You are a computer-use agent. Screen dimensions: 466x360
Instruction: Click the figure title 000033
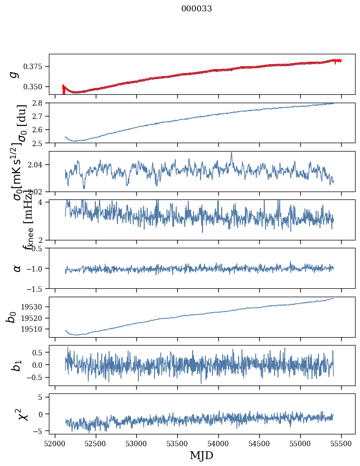(x=197, y=9)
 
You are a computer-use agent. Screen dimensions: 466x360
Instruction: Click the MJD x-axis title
(x=201, y=455)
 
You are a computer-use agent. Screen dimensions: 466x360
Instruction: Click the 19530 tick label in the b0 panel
(x=35, y=307)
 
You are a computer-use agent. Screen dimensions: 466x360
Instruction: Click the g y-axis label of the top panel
(x=15, y=74)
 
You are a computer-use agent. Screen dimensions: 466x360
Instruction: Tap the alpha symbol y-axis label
(x=17, y=268)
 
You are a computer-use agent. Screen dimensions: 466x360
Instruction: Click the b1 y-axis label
(x=17, y=365)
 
